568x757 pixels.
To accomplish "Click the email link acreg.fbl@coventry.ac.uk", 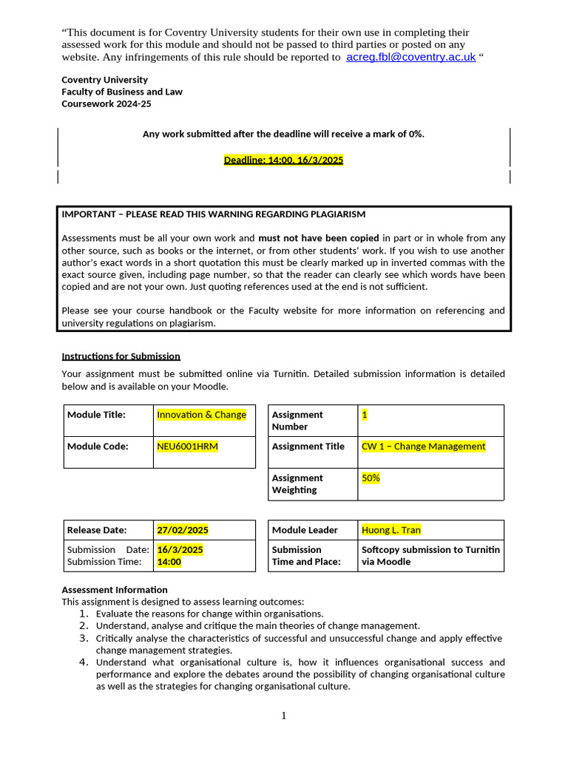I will [x=410, y=57].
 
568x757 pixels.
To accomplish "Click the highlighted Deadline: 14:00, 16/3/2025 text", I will [x=283, y=160].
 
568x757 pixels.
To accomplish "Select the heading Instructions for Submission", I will [x=121, y=356].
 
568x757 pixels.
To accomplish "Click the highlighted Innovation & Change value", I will [x=201, y=415].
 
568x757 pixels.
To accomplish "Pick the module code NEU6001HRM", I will [x=187, y=446].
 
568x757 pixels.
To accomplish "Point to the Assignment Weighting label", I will [x=297, y=483].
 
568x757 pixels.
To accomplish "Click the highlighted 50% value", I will [x=371, y=478].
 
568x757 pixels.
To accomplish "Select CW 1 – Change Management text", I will [x=423, y=446].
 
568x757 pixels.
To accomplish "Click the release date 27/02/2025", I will [x=183, y=530].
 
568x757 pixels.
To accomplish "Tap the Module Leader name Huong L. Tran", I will [x=390, y=530].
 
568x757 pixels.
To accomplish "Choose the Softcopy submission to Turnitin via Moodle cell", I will [x=430, y=555].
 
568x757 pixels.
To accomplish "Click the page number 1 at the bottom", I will [x=283, y=715].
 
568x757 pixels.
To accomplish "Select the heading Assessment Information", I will [x=115, y=589].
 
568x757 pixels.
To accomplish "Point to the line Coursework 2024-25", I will [x=106, y=104].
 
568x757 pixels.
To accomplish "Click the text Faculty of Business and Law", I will [x=122, y=92].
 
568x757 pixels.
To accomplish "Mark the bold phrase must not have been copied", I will [x=318, y=238].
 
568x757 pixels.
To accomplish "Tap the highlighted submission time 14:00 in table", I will [x=169, y=562].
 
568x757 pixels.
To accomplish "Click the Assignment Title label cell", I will [x=308, y=446].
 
